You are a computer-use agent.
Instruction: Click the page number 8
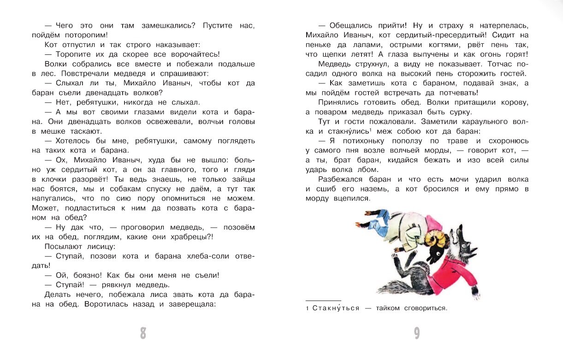(x=143, y=333)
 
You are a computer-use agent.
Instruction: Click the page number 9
(x=416, y=333)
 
